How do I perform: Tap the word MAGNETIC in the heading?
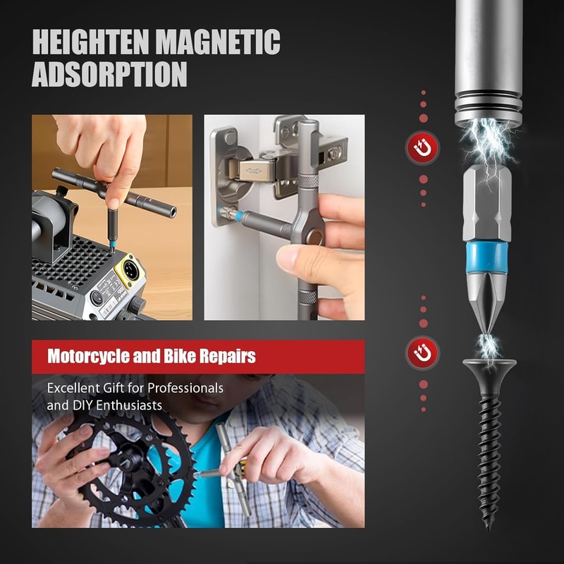219,43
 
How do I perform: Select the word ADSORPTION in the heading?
109,75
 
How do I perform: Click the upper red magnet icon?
423,148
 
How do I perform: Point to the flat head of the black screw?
489,367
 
